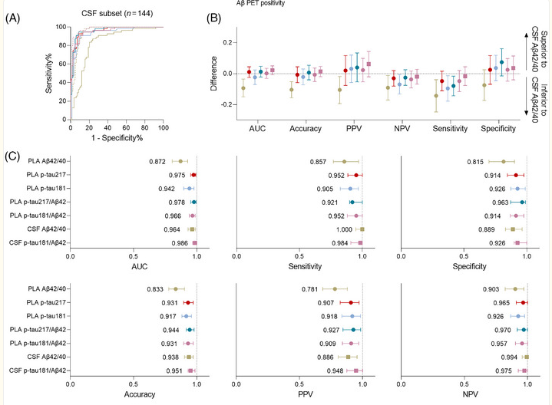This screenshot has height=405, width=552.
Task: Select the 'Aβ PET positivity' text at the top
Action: (265, 4)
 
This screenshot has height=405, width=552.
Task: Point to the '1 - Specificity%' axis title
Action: (117, 137)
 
